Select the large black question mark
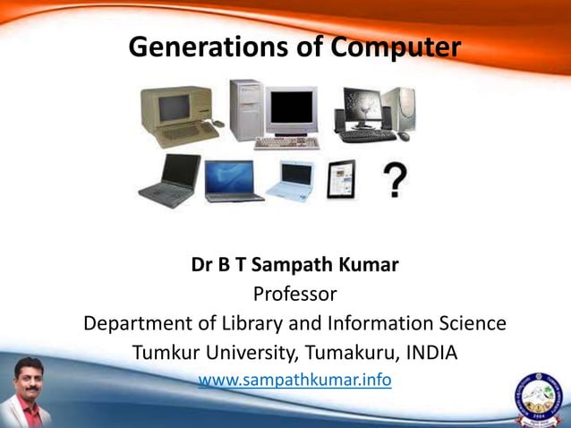click(x=395, y=179)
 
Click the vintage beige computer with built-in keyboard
click(x=178, y=117)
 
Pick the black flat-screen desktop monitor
click(x=360, y=109)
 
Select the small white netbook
click(x=288, y=180)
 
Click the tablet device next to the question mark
click(x=340, y=179)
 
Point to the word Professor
click(x=294, y=294)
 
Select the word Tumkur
click(x=170, y=352)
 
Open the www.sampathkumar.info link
click(x=294, y=380)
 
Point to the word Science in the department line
click(x=468, y=322)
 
